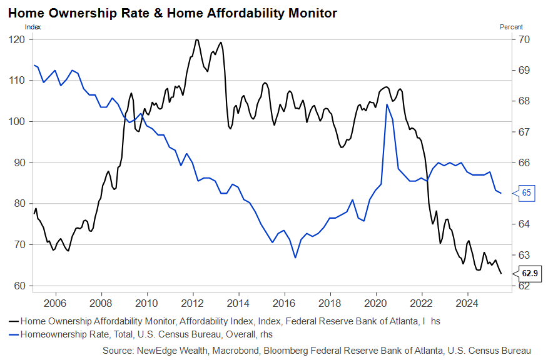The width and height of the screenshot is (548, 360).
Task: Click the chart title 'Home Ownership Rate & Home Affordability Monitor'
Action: point(172,12)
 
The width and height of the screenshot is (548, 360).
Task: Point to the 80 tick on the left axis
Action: point(18,204)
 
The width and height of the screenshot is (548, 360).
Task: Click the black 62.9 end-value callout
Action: point(529,273)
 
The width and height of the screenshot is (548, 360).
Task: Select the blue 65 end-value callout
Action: point(526,193)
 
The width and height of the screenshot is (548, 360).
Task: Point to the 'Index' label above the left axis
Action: point(32,27)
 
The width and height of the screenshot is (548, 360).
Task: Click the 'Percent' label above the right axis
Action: point(511,27)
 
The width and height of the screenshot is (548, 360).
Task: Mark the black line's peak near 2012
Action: point(197,40)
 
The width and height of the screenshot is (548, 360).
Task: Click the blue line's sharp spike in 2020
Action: point(387,105)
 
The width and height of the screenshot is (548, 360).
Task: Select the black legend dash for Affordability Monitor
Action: point(13,320)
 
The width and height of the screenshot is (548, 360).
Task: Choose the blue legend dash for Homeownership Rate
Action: point(13,335)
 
